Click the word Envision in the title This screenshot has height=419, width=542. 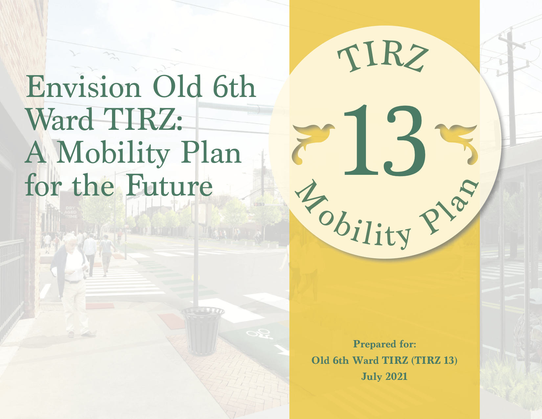click(84, 87)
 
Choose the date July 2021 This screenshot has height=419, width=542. click(384, 376)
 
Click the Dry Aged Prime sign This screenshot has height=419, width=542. click(70, 212)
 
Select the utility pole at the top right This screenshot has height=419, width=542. click(512, 87)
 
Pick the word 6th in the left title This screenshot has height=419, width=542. click(234, 87)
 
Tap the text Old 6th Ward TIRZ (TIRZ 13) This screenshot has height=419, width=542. click(384, 360)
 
